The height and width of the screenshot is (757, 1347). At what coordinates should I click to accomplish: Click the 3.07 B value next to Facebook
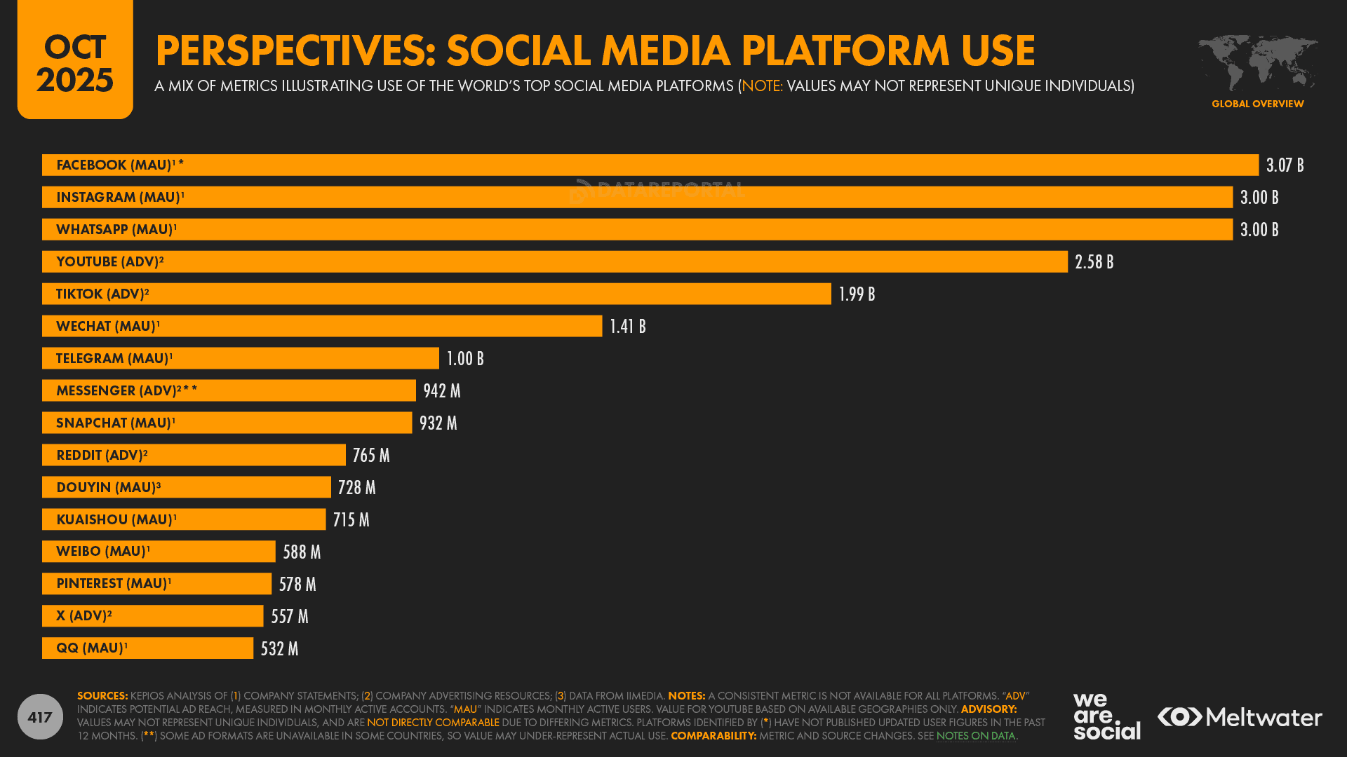pos(1285,165)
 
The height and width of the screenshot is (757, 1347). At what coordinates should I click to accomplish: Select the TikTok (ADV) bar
pos(436,294)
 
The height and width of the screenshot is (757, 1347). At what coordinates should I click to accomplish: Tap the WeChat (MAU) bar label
pos(108,326)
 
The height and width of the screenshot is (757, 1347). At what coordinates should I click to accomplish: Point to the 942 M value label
pos(442,391)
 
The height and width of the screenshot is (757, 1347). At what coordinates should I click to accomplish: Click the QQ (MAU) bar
pos(147,648)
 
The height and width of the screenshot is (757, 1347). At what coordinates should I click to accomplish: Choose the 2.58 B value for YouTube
pos(1094,262)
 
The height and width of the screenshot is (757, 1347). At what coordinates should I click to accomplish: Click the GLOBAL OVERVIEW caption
pos(1257,104)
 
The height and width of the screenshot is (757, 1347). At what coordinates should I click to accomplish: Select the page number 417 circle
pos(40,717)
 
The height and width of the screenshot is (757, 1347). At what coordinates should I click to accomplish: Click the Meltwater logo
pos(1240,717)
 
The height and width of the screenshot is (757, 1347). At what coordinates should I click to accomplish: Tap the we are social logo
pos(1106,716)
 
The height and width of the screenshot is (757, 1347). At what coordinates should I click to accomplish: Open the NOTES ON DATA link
pos(975,736)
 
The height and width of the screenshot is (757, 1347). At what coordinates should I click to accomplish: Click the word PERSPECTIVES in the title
pos(295,50)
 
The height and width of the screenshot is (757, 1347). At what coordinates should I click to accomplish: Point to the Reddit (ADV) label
pos(102,455)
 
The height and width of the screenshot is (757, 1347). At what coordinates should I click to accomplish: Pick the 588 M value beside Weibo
pos(302,552)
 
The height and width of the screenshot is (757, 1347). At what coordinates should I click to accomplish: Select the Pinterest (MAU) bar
pos(156,584)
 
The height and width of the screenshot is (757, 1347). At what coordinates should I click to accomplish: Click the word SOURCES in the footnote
pos(102,696)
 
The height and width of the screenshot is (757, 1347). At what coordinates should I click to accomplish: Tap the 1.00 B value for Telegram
pos(465,359)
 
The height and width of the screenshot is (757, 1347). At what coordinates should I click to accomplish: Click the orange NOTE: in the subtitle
pos(762,86)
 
